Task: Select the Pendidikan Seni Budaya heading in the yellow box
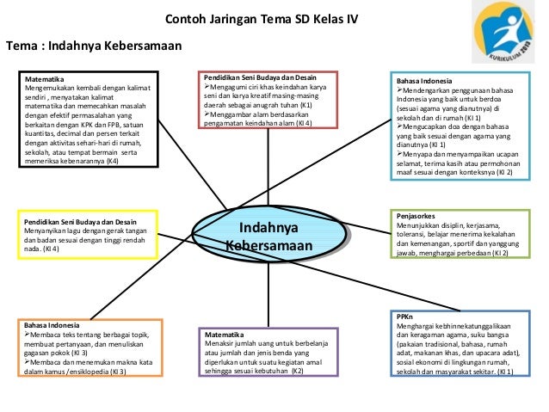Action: point(78,221)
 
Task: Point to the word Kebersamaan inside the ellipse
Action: point(268,246)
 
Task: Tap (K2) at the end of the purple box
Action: point(297,370)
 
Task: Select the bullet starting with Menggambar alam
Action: point(254,114)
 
